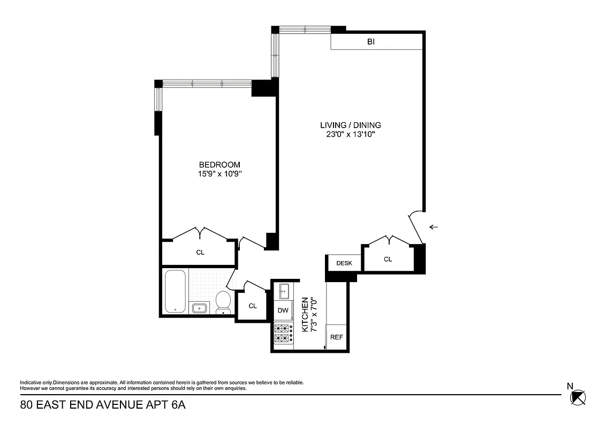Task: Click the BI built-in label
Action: pyautogui.click(x=370, y=41)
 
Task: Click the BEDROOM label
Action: pyautogui.click(x=219, y=165)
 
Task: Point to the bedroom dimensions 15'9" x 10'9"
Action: pyautogui.click(x=219, y=174)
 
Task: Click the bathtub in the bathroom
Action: pyautogui.click(x=175, y=292)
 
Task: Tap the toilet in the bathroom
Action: pyautogui.click(x=223, y=302)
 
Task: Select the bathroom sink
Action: pyautogui.click(x=200, y=308)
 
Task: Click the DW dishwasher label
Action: pyautogui.click(x=283, y=310)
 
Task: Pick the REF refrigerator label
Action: pyautogui.click(x=336, y=337)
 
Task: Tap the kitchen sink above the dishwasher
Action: pyautogui.click(x=283, y=292)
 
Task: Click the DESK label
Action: pyautogui.click(x=344, y=263)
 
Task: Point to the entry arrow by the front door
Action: pyautogui.click(x=434, y=227)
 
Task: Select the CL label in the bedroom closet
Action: pyautogui.click(x=200, y=252)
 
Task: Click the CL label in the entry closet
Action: pyautogui.click(x=388, y=259)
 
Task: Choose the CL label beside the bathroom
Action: pyautogui.click(x=253, y=306)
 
